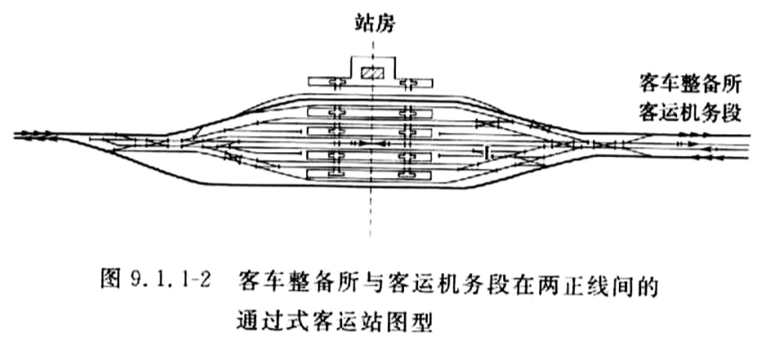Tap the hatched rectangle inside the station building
point(373,73)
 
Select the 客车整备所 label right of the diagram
point(690,85)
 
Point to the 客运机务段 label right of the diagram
point(690,114)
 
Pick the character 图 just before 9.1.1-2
point(110,280)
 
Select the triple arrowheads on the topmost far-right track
point(690,134)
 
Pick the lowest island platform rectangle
point(370,174)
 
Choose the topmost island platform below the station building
point(370,112)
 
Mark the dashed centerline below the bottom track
point(371,212)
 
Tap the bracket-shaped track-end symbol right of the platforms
point(487,153)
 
